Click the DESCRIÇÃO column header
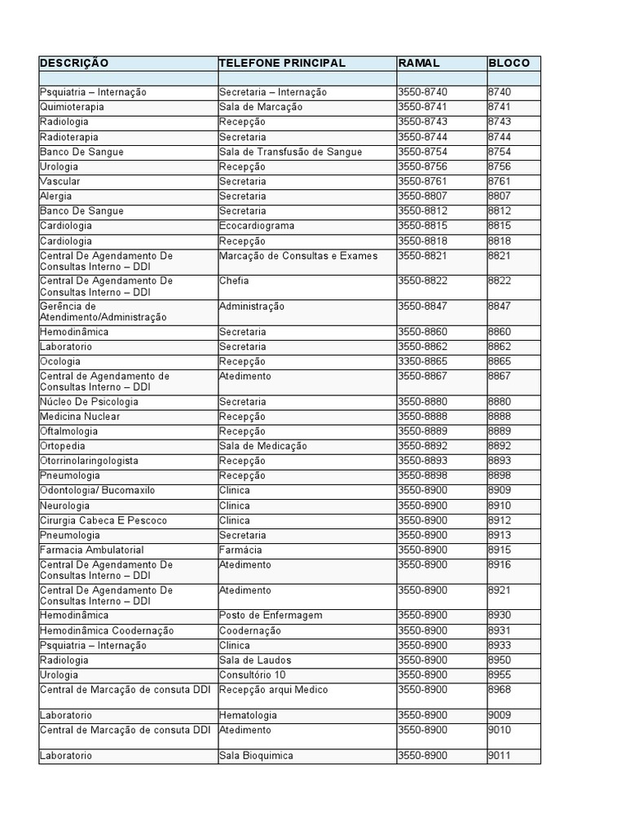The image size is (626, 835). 74,63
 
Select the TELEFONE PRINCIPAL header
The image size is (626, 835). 282,63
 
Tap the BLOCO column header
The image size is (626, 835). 509,63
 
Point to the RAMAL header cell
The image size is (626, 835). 418,63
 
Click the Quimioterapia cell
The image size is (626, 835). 73,107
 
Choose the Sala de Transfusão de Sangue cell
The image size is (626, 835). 290,152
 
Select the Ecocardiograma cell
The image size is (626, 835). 257,226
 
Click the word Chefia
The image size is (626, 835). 234,281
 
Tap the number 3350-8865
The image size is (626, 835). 423,361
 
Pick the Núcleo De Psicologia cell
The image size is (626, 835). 89,401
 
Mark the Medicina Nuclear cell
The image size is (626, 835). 80,417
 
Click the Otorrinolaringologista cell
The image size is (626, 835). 89,461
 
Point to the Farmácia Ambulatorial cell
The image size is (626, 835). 91,550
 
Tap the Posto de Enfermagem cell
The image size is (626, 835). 271,615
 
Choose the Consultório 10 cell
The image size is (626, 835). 253,674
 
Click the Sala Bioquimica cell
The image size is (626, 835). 256,756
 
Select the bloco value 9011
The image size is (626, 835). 500,756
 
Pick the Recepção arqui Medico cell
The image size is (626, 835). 273,690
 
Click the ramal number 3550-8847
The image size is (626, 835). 423,306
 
